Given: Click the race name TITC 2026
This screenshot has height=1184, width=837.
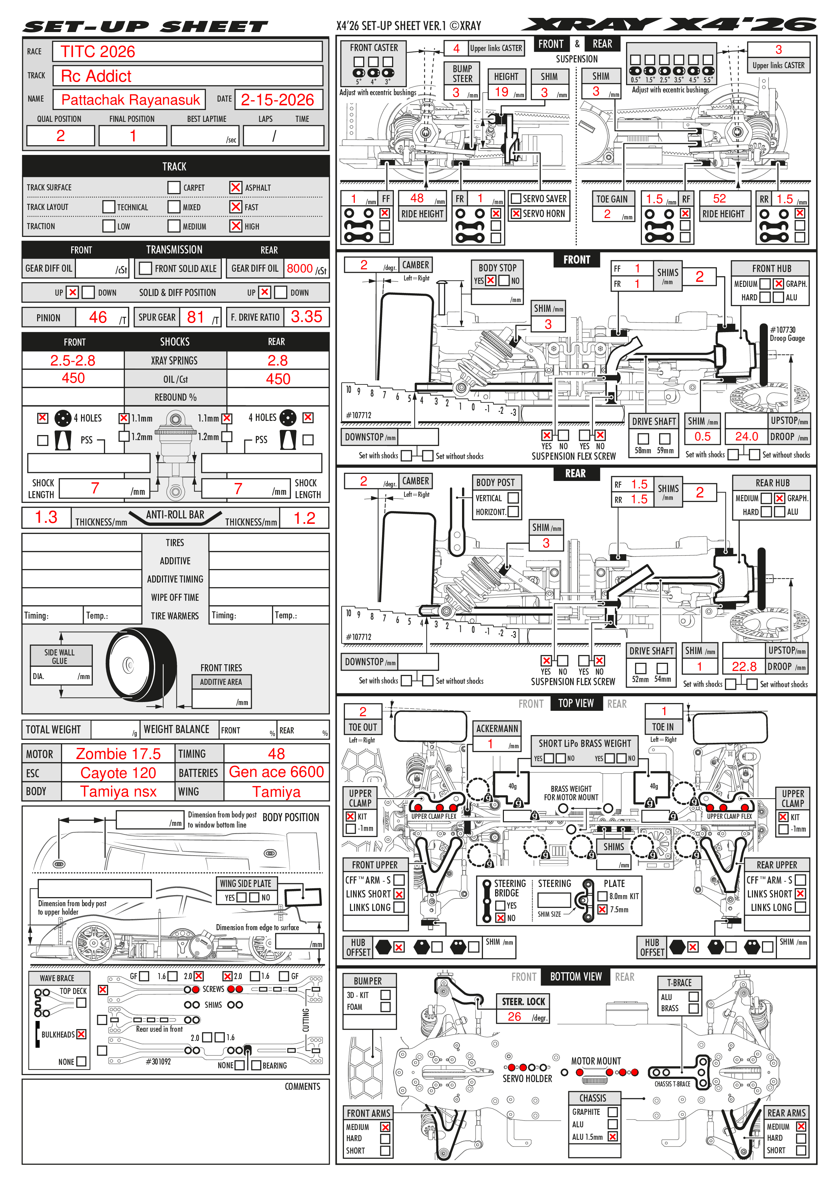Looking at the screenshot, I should [x=98, y=52].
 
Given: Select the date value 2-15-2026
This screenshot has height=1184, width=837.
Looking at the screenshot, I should [x=277, y=100].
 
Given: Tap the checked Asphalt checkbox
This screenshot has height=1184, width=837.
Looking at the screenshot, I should [x=236, y=188].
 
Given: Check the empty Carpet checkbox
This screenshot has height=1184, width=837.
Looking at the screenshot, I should [x=174, y=188].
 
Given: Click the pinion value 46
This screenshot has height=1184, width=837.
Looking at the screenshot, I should [x=98, y=317].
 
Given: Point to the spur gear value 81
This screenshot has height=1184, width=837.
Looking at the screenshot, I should [x=195, y=317].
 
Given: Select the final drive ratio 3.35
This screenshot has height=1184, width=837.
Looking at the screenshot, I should [x=306, y=317].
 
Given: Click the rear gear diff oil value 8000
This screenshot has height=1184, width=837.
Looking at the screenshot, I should [x=300, y=269].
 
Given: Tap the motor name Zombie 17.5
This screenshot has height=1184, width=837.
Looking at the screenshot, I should [x=118, y=754].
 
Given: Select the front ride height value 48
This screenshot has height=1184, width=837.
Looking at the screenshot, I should [x=417, y=198].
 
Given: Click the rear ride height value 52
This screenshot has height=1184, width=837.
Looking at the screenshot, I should [x=720, y=198].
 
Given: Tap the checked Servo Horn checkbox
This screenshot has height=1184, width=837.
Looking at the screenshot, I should [x=515, y=214].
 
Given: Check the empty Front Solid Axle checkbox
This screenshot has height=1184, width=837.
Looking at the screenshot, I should [x=146, y=269].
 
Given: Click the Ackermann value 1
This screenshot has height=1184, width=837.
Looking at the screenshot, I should [x=490, y=744].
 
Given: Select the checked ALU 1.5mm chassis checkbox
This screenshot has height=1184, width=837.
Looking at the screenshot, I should [x=613, y=1136].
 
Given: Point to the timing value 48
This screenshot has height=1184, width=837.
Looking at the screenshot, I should [x=276, y=754].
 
